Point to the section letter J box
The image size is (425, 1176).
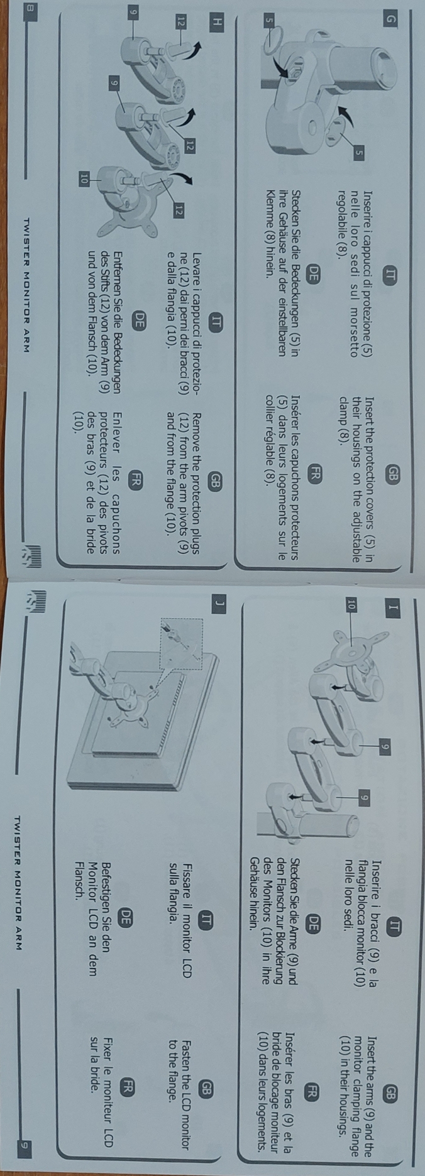click(x=218, y=587)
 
